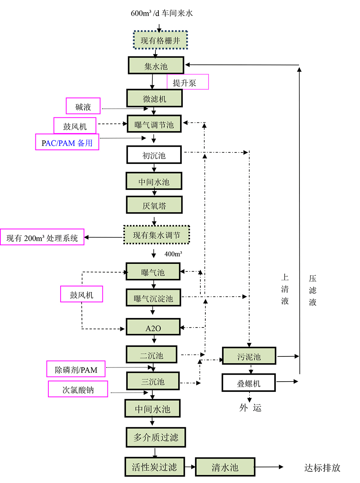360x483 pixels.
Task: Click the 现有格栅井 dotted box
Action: [x=160, y=40]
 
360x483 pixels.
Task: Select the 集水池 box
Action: [x=156, y=66]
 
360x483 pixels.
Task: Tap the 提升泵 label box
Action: [x=187, y=82]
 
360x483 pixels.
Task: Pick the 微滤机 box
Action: [x=155, y=99]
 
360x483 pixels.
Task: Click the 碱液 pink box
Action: [x=83, y=106]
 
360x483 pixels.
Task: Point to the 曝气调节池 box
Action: [x=154, y=124]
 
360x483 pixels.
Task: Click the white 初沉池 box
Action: [x=154, y=155]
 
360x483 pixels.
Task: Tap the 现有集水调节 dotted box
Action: [x=157, y=235]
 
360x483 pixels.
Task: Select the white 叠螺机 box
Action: [x=249, y=382]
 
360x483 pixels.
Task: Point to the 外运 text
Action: [x=250, y=408]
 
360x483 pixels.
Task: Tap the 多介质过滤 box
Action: [x=156, y=437]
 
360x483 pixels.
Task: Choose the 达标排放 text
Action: [x=322, y=468]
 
